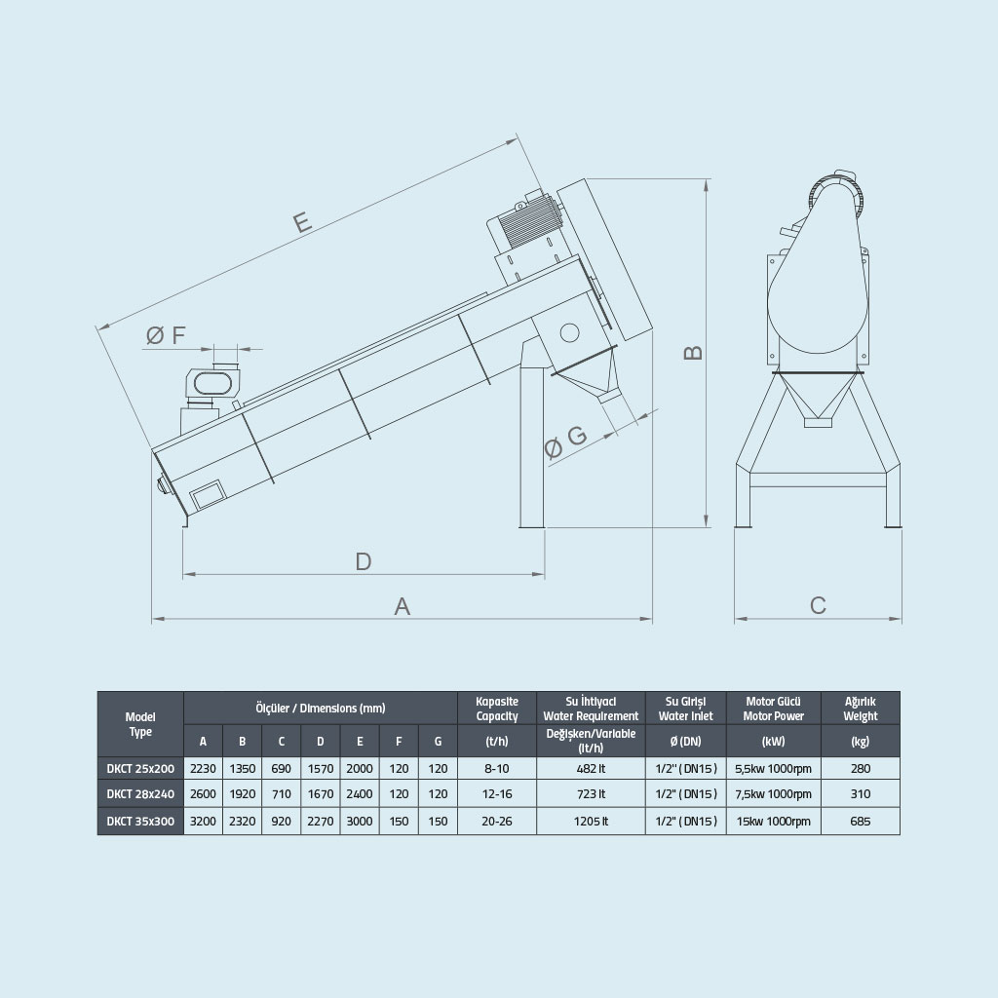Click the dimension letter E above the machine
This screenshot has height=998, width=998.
tap(302, 221)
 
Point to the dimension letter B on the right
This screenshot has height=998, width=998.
tap(693, 353)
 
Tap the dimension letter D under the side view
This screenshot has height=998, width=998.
tap(363, 561)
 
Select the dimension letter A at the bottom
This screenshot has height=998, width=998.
tap(402, 606)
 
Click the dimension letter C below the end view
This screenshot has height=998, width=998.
tap(818, 605)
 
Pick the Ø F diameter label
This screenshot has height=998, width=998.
tap(166, 335)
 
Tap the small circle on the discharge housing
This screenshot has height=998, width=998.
tap(569, 332)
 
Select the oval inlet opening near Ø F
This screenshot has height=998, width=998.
tap(212, 383)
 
